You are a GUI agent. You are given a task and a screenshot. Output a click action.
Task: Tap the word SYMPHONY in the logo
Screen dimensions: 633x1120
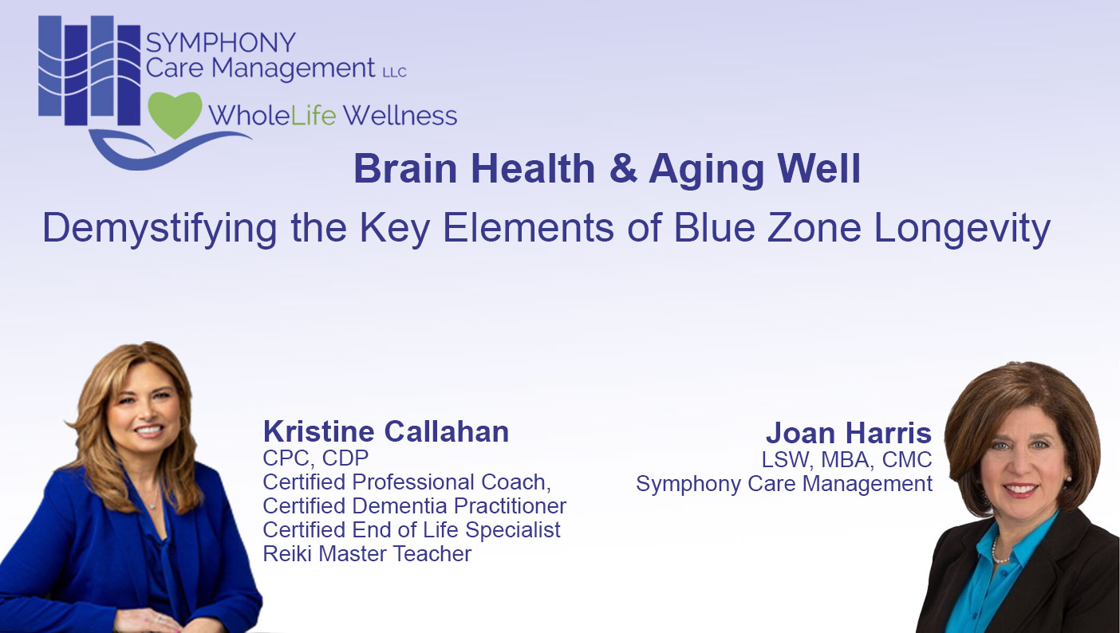click(x=221, y=43)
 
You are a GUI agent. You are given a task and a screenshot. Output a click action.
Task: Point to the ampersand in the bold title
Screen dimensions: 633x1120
click(x=622, y=170)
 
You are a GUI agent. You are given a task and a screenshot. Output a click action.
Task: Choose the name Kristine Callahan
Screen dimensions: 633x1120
click(x=386, y=432)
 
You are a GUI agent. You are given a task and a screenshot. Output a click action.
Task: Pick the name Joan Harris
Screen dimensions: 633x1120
click(x=848, y=434)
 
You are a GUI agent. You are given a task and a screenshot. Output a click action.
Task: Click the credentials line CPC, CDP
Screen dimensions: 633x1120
click(x=316, y=458)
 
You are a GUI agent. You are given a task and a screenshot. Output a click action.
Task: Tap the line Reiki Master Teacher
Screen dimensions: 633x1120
click(x=367, y=553)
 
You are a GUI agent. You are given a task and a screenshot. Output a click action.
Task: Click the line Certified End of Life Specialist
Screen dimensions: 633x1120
click(x=412, y=529)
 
